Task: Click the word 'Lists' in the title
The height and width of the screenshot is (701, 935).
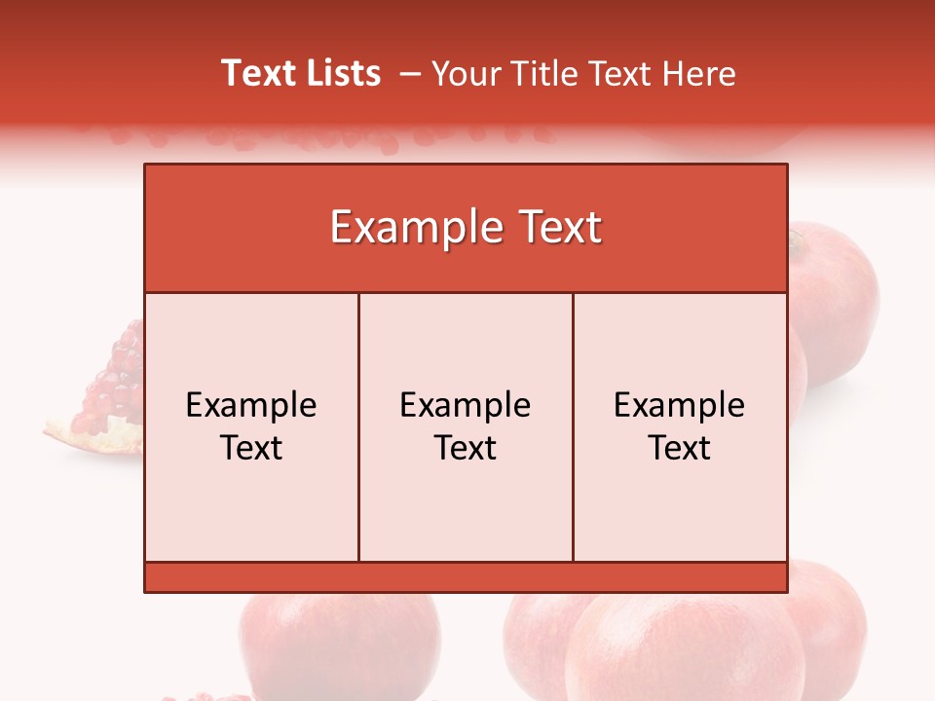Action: click(340, 73)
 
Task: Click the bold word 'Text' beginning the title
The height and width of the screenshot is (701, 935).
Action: click(257, 73)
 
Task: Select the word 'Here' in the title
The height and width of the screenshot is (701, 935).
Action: click(699, 73)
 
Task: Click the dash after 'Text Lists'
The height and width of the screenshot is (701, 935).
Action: click(410, 73)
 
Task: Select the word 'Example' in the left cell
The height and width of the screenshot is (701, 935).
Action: click(251, 405)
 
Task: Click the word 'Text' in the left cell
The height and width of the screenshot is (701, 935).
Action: click(251, 448)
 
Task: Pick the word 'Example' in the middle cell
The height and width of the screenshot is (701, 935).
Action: click(466, 405)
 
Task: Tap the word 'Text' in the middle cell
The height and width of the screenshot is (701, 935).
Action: click(466, 448)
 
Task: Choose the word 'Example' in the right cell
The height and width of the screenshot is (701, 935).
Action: click(680, 405)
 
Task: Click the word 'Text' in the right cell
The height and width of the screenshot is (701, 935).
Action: click(680, 448)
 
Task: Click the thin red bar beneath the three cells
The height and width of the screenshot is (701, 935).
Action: click(466, 577)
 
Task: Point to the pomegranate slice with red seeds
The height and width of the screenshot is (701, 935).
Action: click(102, 399)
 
